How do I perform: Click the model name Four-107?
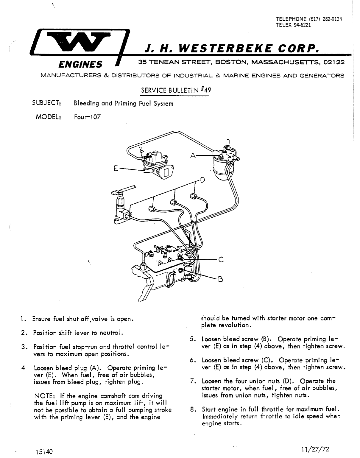[87, 117]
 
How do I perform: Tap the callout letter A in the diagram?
[193, 155]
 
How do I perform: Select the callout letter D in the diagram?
[202, 180]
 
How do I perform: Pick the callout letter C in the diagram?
[221, 259]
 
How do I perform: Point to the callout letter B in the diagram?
[221, 279]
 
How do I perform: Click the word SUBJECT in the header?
[47, 103]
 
